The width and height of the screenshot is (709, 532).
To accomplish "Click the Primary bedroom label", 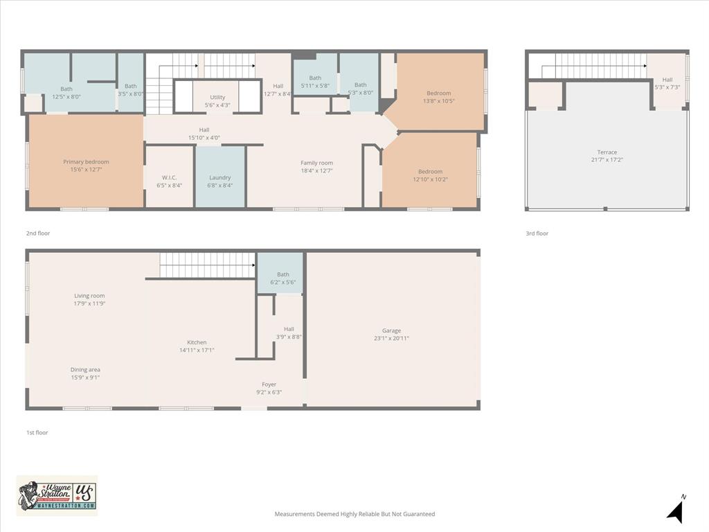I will [86, 166].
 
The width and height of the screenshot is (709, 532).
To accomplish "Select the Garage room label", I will [391, 334].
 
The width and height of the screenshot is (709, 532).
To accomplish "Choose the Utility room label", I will [217, 101].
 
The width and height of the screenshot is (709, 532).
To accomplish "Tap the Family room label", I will [316, 166].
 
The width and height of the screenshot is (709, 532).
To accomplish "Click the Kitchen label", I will [197, 346].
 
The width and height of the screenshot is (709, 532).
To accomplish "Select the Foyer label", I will [269, 388].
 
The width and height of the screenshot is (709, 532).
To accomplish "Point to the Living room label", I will [89, 299].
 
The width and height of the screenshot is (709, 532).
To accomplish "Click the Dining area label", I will [85, 373].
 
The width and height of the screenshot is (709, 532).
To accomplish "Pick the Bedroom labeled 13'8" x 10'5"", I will [439, 97].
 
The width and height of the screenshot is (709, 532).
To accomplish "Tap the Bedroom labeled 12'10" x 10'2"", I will [430, 175].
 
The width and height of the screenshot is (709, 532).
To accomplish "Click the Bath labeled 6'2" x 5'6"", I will [283, 278].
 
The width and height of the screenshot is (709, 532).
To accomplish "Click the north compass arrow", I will [676, 511].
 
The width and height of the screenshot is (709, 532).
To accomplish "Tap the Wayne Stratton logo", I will [57, 495].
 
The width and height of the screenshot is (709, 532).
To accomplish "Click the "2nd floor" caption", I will [38, 233].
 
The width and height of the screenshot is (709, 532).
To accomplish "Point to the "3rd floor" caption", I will [537, 233].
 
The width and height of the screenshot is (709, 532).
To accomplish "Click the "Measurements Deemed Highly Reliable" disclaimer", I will [354, 514].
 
